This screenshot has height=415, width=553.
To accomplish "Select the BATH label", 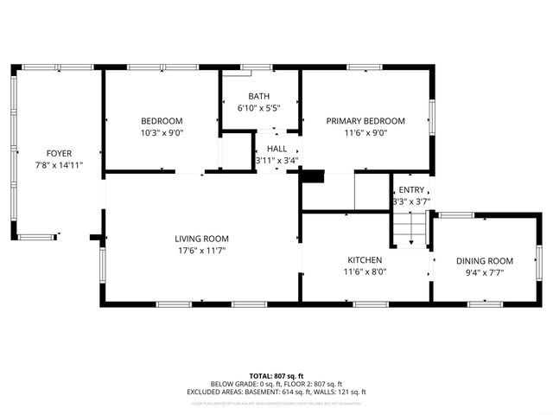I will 258,96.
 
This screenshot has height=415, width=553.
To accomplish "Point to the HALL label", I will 276,149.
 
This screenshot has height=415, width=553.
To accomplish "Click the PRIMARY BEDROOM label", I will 365,121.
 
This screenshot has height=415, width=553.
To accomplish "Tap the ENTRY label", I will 411,190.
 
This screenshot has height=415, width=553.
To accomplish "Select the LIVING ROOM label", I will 201,239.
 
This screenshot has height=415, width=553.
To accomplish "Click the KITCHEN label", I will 365,259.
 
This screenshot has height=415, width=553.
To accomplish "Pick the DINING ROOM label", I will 484,261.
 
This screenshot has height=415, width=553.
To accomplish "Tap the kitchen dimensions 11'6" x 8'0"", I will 365,271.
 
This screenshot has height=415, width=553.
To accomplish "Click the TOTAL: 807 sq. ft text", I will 276,375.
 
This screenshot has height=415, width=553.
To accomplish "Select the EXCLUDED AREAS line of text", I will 276,393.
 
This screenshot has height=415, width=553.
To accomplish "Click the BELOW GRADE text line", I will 276,384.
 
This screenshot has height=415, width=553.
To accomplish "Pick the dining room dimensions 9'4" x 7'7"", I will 484,272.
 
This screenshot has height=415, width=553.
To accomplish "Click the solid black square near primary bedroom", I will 312,177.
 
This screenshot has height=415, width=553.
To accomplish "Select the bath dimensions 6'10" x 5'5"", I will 258,108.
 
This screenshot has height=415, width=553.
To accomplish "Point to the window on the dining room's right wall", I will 537,261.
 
